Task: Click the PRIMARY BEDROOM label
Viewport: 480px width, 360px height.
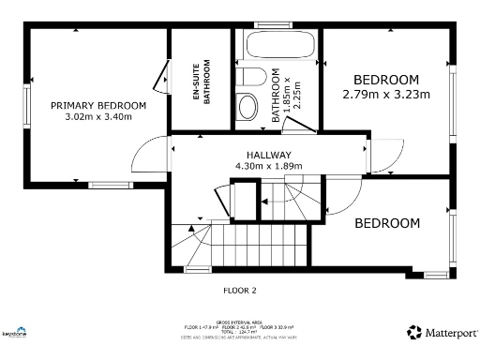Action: (98, 105)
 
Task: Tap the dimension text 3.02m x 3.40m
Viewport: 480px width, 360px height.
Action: (98, 117)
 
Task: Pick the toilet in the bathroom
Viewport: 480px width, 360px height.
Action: (250, 77)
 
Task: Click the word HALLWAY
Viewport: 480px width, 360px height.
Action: (269, 155)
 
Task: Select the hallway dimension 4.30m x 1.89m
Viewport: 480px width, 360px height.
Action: (269, 167)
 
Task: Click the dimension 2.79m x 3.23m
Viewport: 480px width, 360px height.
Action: (386, 94)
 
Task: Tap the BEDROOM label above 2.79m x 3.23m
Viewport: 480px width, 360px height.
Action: (386, 79)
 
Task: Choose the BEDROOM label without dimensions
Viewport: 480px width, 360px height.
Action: (386, 223)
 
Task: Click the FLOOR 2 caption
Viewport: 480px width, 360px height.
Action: (239, 290)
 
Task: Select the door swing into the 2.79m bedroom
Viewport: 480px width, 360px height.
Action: (384, 157)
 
